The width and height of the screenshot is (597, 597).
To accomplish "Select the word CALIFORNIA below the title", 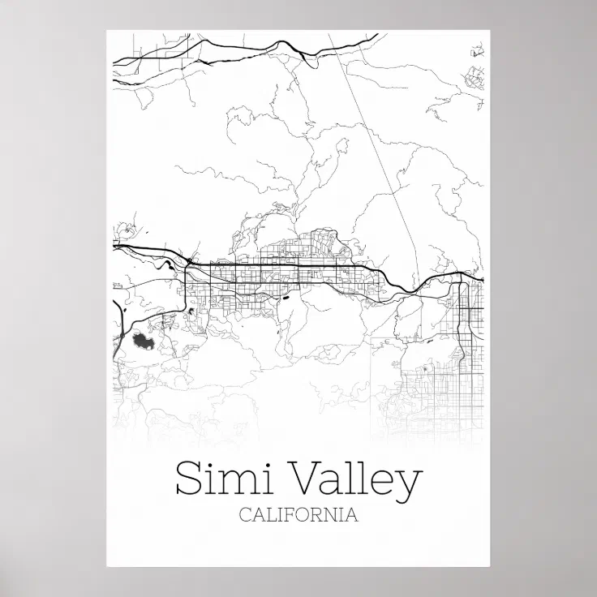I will pos(298,515).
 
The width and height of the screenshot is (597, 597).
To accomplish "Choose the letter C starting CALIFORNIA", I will pos(245,515).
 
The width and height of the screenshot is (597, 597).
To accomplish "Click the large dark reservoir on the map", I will pos(144,344).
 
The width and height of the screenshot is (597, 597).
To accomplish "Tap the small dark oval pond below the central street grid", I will pos(286,298).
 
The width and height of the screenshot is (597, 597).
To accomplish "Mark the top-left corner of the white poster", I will pos(106,30).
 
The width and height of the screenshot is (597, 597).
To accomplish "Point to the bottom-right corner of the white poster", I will pos(490,567).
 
